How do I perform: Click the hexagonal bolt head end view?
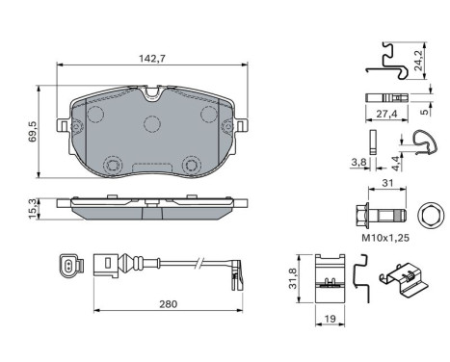click(x=430, y=212)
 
